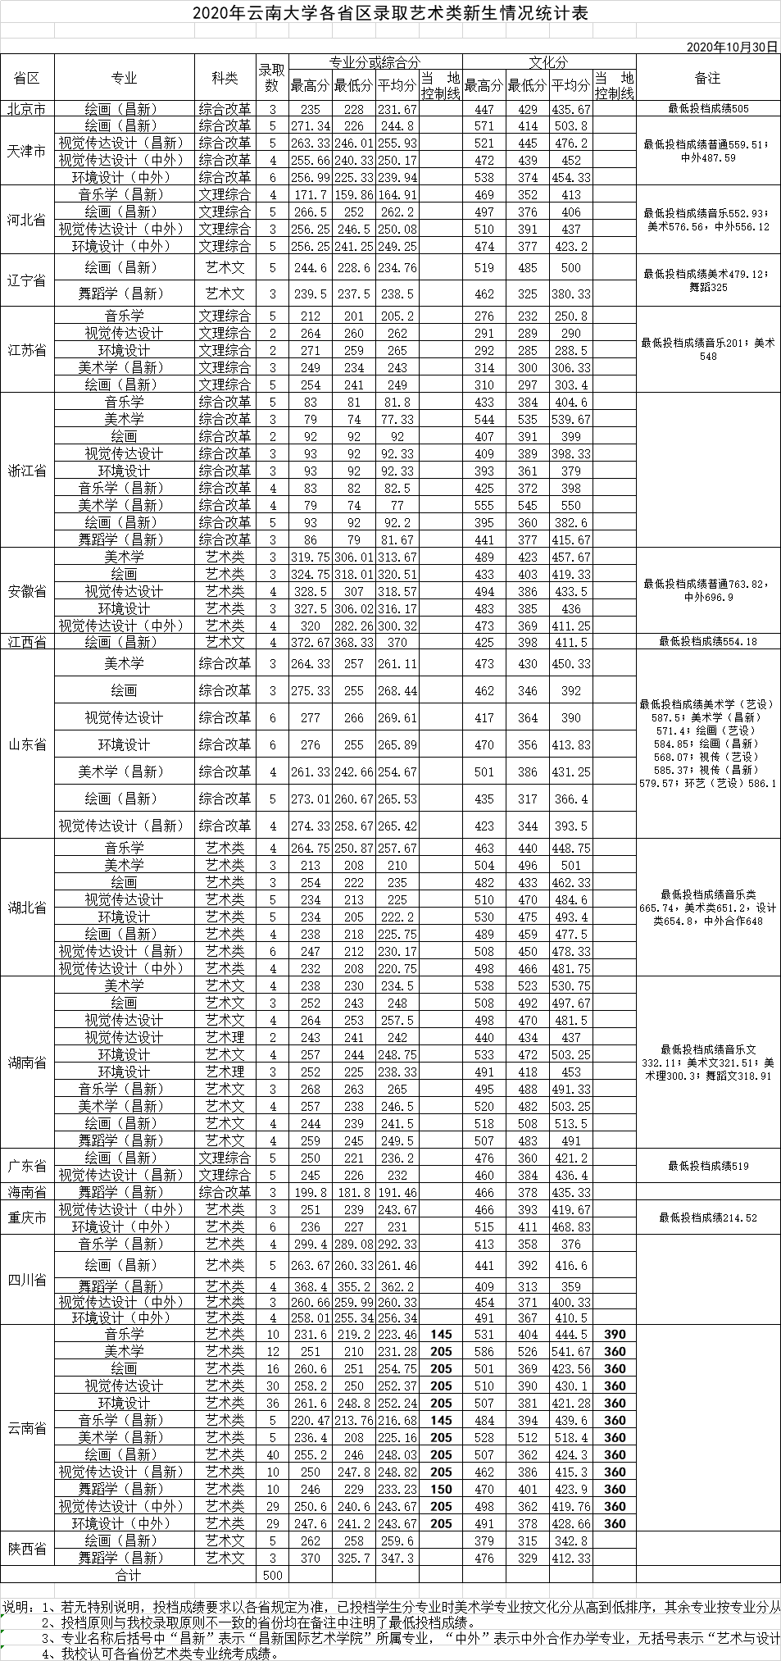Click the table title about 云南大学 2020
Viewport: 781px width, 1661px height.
(x=390, y=14)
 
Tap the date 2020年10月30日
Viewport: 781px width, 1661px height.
(x=732, y=47)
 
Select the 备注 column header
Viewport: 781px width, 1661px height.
(x=706, y=78)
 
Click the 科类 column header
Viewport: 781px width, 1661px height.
(x=225, y=78)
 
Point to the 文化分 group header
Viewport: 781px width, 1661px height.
(x=548, y=62)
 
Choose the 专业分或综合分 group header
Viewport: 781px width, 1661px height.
(x=375, y=62)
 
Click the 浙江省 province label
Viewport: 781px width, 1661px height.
(x=27, y=471)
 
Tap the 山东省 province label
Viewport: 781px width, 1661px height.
(x=27, y=744)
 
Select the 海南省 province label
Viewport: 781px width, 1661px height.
(x=27, y=1191)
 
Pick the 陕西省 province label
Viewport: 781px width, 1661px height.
(x=27, y=1549)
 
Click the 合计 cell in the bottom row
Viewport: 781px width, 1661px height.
(x=129, y=1575)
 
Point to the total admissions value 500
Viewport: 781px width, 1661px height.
(x=273, y=1575)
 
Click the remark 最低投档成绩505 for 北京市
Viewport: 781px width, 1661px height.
(x=708, y=108)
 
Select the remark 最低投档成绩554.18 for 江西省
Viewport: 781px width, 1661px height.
(x=708, y=642)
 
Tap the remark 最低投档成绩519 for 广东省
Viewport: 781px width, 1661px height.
(x=708, y=1166)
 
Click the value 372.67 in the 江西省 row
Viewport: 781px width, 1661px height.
(x=310, y=643)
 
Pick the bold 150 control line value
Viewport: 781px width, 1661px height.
(x=441, y=1489)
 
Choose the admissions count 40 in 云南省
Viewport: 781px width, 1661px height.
(x=273, y=1454)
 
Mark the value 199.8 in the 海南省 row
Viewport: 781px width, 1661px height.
(x=310, y=1192)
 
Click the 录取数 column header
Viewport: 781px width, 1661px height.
(x=273, y=78)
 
